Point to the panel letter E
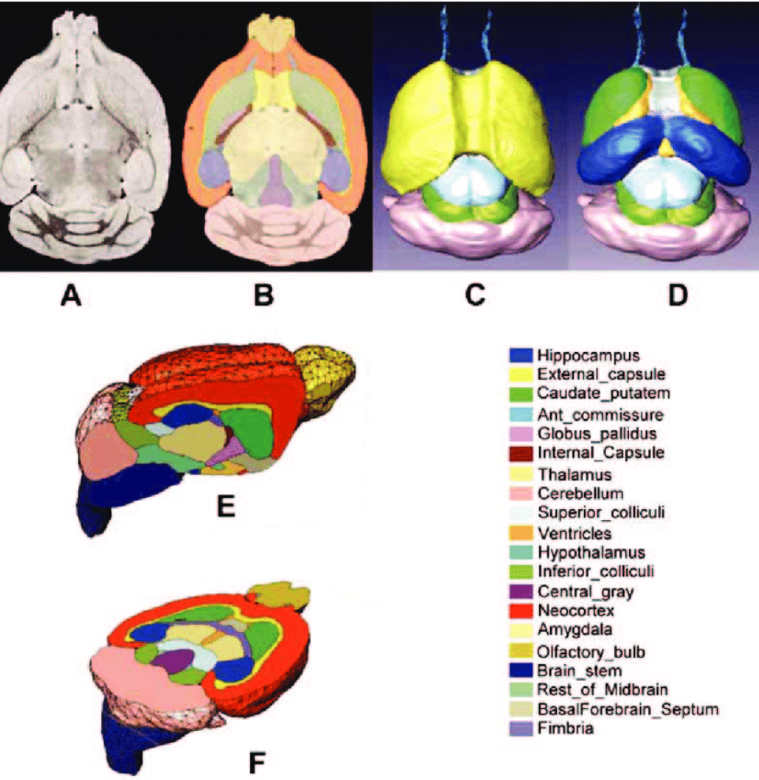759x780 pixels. click(227, 504)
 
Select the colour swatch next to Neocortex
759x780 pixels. click(520, 611)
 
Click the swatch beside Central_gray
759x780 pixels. click(520, 592)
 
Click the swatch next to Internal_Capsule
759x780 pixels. click(520, 454)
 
